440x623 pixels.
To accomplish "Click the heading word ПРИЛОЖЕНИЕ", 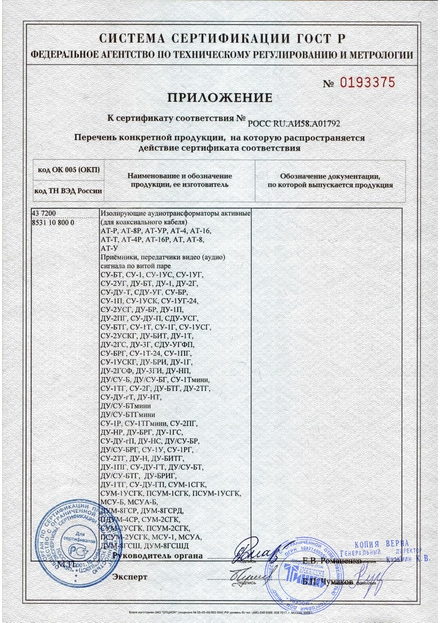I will point(220,98).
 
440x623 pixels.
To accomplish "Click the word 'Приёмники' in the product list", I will point(118,258).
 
